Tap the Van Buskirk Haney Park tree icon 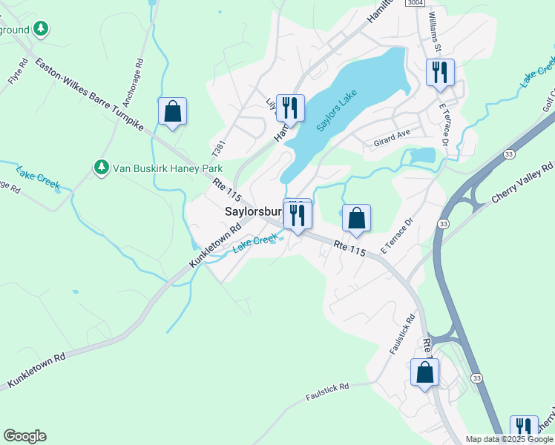(101, 168)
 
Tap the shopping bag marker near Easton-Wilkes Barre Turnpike (172, 112)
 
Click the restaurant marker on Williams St (440, 73)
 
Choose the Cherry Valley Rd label (522, 182)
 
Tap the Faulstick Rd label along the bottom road (327, 392)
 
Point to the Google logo (24, 436)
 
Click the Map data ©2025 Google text (508, 439)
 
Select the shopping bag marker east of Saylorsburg (356, 218)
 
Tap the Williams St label (435, 33)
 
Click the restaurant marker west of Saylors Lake (290, 108)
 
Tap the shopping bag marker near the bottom (424, 373)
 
